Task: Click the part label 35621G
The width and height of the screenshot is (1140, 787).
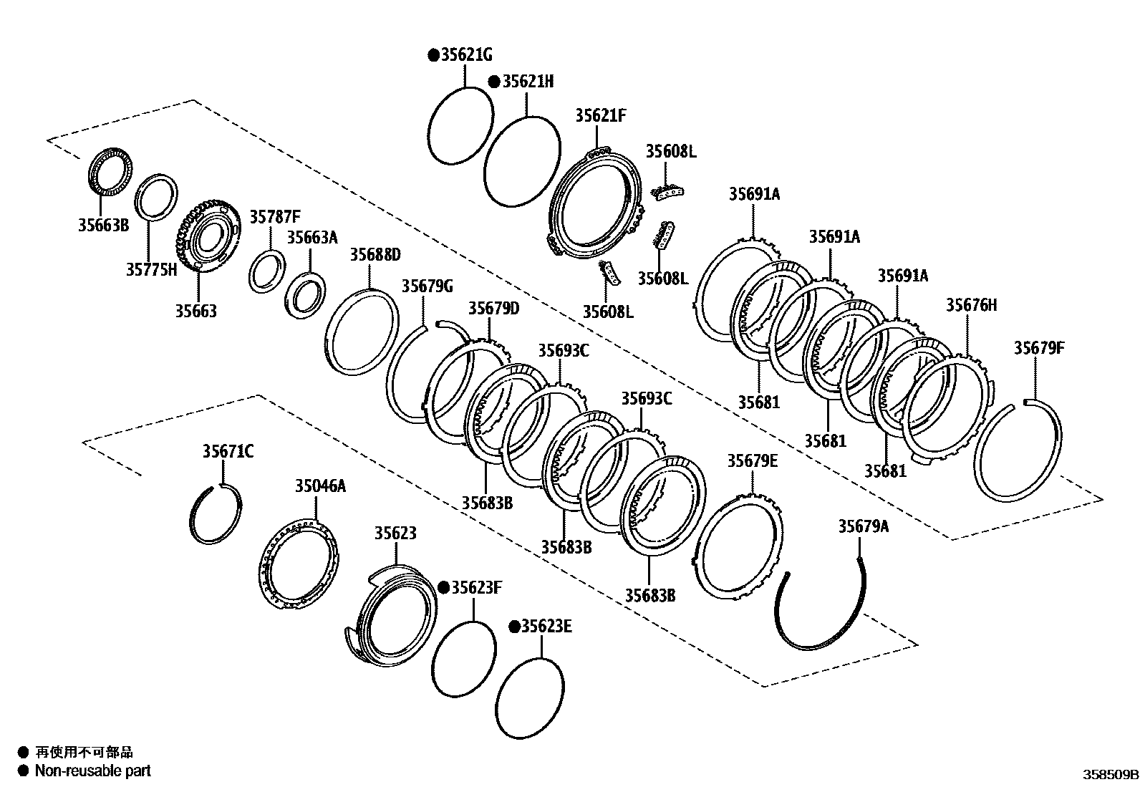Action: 467,55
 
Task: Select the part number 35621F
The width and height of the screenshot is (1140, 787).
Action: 600,116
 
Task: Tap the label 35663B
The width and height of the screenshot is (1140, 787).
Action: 103,225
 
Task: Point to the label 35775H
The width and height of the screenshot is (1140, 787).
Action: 151,269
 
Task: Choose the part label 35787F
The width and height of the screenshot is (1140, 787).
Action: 275,216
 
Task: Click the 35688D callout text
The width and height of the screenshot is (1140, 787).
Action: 375,255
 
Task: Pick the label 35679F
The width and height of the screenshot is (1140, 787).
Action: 1039,348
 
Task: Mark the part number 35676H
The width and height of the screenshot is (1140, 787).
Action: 971,305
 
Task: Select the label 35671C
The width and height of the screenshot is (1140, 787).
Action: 228,451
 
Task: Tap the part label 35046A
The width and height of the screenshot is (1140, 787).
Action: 320,486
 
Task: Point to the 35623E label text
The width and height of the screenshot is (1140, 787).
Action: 546,627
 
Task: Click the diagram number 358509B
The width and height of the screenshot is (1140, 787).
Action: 1109,775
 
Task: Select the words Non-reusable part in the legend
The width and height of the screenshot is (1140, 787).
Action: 93,771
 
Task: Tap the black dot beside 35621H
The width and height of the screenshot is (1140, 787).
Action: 494,82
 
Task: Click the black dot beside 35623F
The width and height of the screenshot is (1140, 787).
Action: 443,588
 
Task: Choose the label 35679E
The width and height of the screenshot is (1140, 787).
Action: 752,460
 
